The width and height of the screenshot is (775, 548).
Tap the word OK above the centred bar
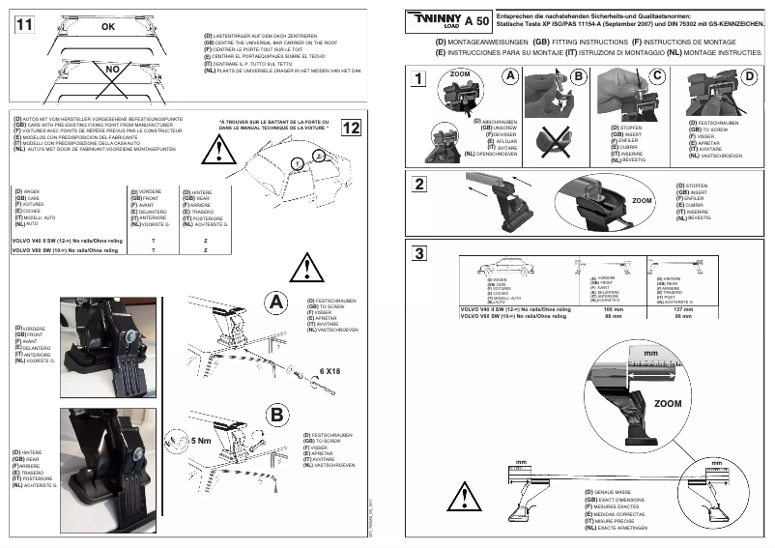coord(107,28)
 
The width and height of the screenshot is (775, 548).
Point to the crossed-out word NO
coord(112,71)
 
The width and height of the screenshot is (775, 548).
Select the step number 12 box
coord(351,128)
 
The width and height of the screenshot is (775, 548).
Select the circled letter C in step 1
coord(657,76)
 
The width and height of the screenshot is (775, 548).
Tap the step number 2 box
coord(418,185)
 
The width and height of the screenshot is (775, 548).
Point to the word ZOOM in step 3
coord(667,403)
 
